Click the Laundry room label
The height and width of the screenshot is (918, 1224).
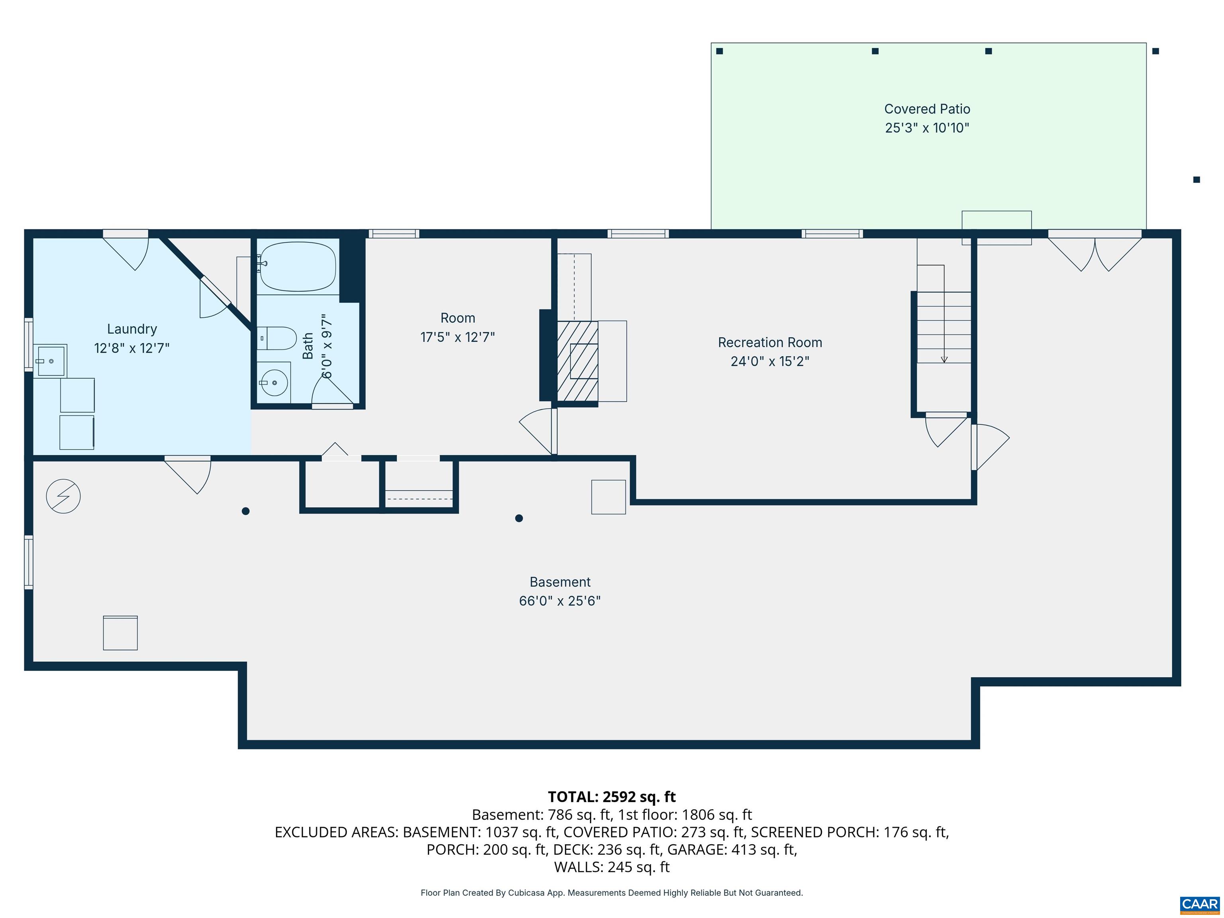(132, 329)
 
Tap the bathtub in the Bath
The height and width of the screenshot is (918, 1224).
(298, 266)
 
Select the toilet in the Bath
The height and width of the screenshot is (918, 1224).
(279, 338)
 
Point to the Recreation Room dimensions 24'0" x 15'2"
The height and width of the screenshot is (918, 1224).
(770, 361)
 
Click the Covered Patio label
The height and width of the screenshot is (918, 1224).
(927, 110)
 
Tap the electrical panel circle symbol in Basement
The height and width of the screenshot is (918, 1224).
(63, 496)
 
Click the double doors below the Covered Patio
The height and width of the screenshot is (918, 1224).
(1095, 252)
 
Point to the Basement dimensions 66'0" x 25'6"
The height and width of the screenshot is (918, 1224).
(559, 601)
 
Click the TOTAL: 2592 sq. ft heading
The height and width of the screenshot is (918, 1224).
(612, 797)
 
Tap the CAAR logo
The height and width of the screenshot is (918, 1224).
(1200, 904)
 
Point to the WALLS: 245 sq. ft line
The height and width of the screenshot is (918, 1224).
(612, 867)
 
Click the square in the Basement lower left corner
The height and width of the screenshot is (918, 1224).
(120, 632)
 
